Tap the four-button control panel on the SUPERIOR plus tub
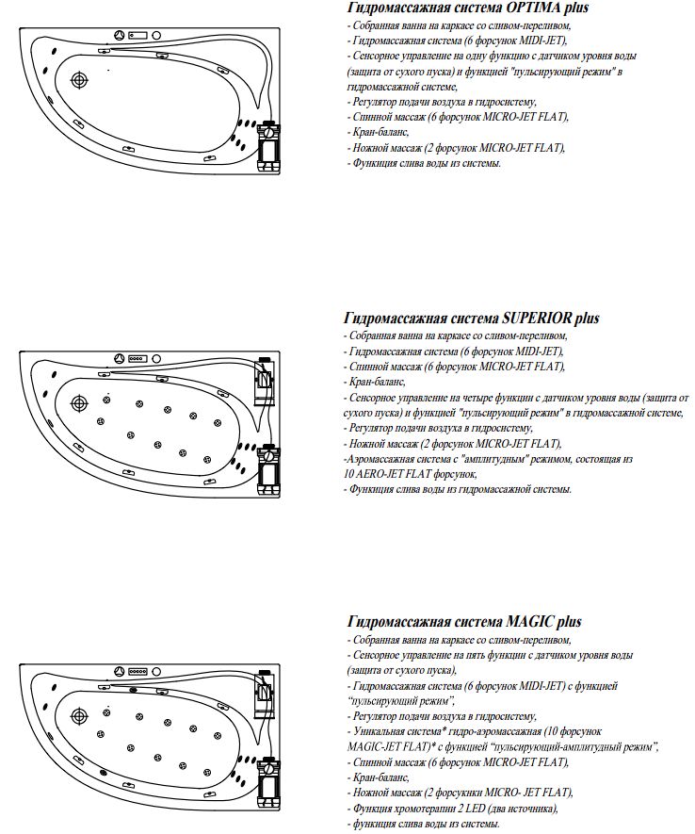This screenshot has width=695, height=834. click(x=140, y=359)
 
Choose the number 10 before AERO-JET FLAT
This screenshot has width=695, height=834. click(x=350, y=474)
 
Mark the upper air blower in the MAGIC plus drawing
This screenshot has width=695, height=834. click(x=266, y=687)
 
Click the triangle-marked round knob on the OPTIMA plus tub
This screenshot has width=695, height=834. click(x=120, y=37)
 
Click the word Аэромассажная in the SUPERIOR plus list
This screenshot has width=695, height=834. click(x=382, y=459)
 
